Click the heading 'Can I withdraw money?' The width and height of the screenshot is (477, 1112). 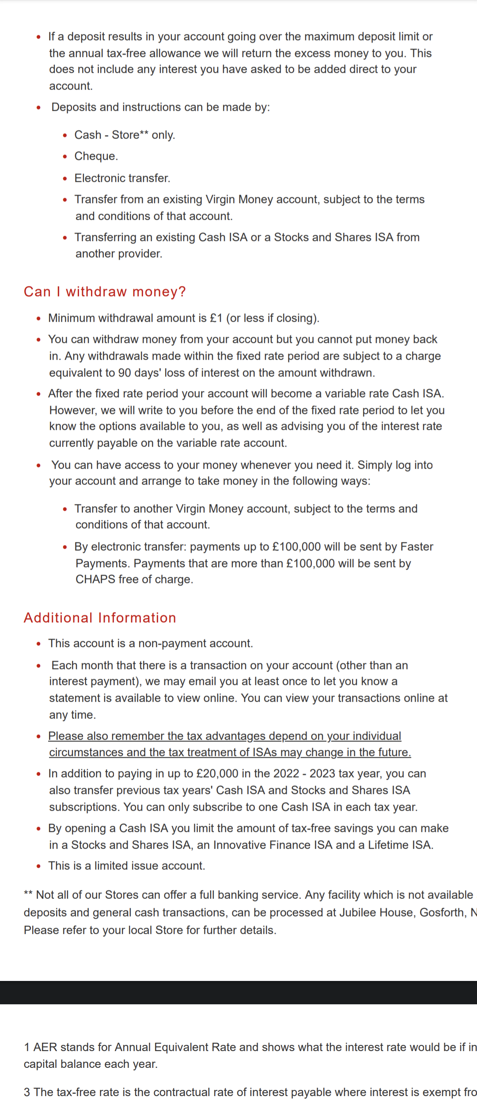tap(105, 292)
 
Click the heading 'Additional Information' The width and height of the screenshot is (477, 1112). tap(100, 618)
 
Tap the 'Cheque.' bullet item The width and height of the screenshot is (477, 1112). tap(96, 156)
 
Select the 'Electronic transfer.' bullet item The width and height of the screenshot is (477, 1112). tap(122, 178)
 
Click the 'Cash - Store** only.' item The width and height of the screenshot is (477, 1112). tap(125, 135)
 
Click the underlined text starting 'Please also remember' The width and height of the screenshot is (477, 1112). tap(224, 736)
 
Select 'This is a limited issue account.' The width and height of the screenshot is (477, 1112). tap(126, 866)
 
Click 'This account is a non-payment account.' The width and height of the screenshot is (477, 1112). tap(150, 643)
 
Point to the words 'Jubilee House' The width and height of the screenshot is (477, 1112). tap(376, 913)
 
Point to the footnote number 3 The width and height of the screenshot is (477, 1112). tap(27, 1092)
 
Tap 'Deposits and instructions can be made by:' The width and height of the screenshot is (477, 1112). tap(160, 107)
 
